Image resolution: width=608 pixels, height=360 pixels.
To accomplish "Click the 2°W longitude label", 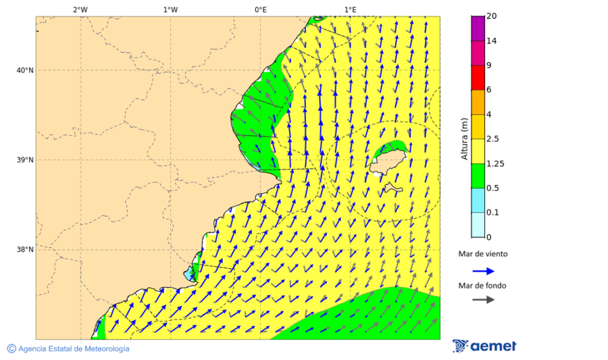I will click(80, 9).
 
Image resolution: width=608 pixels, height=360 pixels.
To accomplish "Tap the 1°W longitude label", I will click(170, 9).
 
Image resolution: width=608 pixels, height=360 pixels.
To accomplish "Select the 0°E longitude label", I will click(260, 9).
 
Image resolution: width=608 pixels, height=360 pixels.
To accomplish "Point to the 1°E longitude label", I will click(350, 9).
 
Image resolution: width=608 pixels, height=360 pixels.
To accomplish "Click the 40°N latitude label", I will click(24, 70).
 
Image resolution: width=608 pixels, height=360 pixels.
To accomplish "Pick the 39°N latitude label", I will click(24, 160).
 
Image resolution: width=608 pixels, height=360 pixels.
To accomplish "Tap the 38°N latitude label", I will click(24, 250).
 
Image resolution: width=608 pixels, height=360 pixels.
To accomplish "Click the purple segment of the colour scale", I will click(478, 28).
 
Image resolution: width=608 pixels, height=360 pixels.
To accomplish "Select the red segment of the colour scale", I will click(478, 78).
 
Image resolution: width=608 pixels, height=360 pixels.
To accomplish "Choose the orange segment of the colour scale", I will click(478, 102).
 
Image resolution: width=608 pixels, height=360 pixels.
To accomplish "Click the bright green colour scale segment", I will click(478, 176).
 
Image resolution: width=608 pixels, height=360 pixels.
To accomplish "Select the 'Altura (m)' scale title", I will click(464, 138).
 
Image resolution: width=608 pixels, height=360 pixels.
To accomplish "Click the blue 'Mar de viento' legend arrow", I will click(483, 271).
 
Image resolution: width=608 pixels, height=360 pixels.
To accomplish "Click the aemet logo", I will click(484, 346).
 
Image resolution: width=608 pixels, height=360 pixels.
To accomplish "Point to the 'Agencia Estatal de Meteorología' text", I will click(68, 349).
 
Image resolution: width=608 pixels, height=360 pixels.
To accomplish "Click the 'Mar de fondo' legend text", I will click(482, 286).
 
